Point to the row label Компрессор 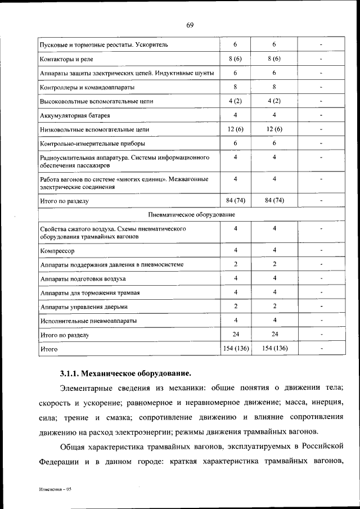pyautogui.click(x=57, y=250)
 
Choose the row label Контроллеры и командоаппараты pyautogui.click(x=87, y=87)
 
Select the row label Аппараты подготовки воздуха pyautogui.click(x=83, y=279)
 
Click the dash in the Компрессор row pyautogui.click(x=321, y=250)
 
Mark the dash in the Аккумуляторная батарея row pyautogui.click(x=321, y=116)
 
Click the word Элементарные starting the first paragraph pyautogui.click(x=88, y=388)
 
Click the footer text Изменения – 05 pyautogui.click(x=56, y=489)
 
